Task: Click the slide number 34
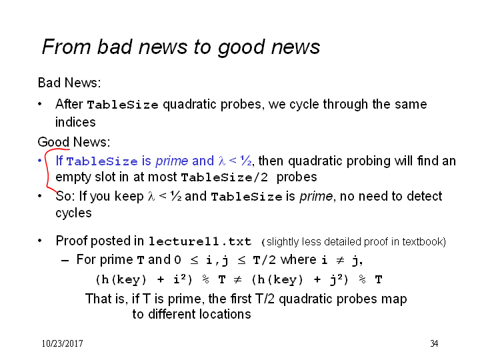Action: pos(434,343)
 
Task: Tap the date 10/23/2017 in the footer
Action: pos(62,343)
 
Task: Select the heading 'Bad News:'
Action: pos(69,83)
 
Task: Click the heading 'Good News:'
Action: pos(74,142)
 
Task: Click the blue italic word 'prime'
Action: pos(172,161)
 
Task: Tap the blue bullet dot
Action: pos(39,161)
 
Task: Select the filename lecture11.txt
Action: pos(199,241)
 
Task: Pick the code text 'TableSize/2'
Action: pos(225,177)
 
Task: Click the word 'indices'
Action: pos(75,122)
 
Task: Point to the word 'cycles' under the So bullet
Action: pos(73,213)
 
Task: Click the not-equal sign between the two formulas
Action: pos(237,279)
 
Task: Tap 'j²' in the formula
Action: pos(336,279)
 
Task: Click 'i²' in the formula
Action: pos(180,279)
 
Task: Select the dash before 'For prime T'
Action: pos(65,261)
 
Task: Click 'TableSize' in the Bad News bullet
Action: pos(123,105)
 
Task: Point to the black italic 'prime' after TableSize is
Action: pos(316,197)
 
